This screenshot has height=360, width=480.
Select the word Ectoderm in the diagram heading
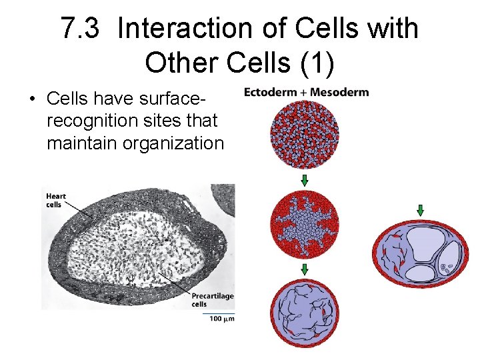click(271, 92)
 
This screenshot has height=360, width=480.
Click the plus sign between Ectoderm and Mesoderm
click(304, 92)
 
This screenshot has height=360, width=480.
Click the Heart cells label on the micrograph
click(55, 199)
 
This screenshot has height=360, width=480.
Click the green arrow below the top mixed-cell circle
click(304, 180)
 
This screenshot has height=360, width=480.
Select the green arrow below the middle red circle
click(304, 269)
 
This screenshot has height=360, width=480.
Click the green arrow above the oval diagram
click(420, 211)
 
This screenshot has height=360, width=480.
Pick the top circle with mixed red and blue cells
click(304, 136)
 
